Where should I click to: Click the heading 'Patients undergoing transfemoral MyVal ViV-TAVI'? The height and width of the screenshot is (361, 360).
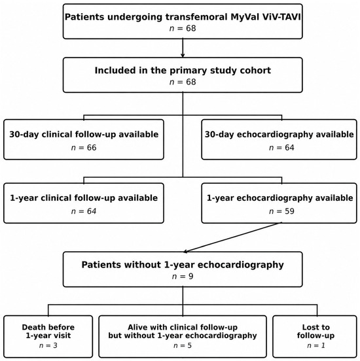tap(183, 17)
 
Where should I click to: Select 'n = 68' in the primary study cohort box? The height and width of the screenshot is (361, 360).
tap(183, 82)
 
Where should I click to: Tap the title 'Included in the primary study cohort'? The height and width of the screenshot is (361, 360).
tap(183, 71)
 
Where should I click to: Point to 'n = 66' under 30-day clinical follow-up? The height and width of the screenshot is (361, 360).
tap(84, 148)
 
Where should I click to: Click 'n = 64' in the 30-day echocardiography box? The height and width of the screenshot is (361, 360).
tap(281, 148)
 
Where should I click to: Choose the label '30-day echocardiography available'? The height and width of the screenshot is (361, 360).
tap(279, 135)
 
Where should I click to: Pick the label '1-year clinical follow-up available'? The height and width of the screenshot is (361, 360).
tap(84, 198)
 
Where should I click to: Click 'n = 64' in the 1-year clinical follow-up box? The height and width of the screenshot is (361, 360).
tap(84, 211)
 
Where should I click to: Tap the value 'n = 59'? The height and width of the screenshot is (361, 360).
tap(281, 211)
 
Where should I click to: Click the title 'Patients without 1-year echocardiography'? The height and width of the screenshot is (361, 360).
tap(183, 265)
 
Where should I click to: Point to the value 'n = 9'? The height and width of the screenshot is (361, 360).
tap(183, 276)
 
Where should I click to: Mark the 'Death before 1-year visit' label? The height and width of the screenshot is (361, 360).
tap(48, 332)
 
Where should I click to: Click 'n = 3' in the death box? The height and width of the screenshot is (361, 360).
tap(48, 345)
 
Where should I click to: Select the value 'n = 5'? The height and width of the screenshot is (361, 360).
tap(183, 345)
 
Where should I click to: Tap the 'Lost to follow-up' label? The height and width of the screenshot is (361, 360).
tap(315, 332)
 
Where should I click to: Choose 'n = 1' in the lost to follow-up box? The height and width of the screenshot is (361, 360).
tap(316, 345)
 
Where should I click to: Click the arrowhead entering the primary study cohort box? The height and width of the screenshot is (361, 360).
tap(183, 56)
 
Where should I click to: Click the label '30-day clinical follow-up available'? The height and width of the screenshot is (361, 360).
tap(84, 135)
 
